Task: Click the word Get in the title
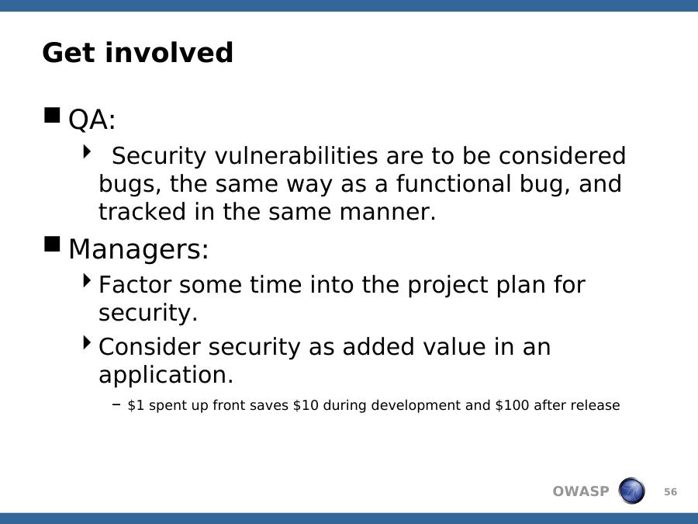[68, 53]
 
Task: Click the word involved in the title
[169, 52]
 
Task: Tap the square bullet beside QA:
[52, 115]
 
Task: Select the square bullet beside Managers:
[52, 244]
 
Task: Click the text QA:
[92, 120]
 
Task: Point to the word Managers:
[139, 248]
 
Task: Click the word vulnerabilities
[296, 156]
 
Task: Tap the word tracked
[142, 211]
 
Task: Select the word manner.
[387, 212]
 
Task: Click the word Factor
[135, 285]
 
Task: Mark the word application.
[166, 376]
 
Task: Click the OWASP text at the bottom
[580, 491]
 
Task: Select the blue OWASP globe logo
[631, 491]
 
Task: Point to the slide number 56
[670, 492]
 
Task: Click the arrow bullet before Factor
[87, 281]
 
